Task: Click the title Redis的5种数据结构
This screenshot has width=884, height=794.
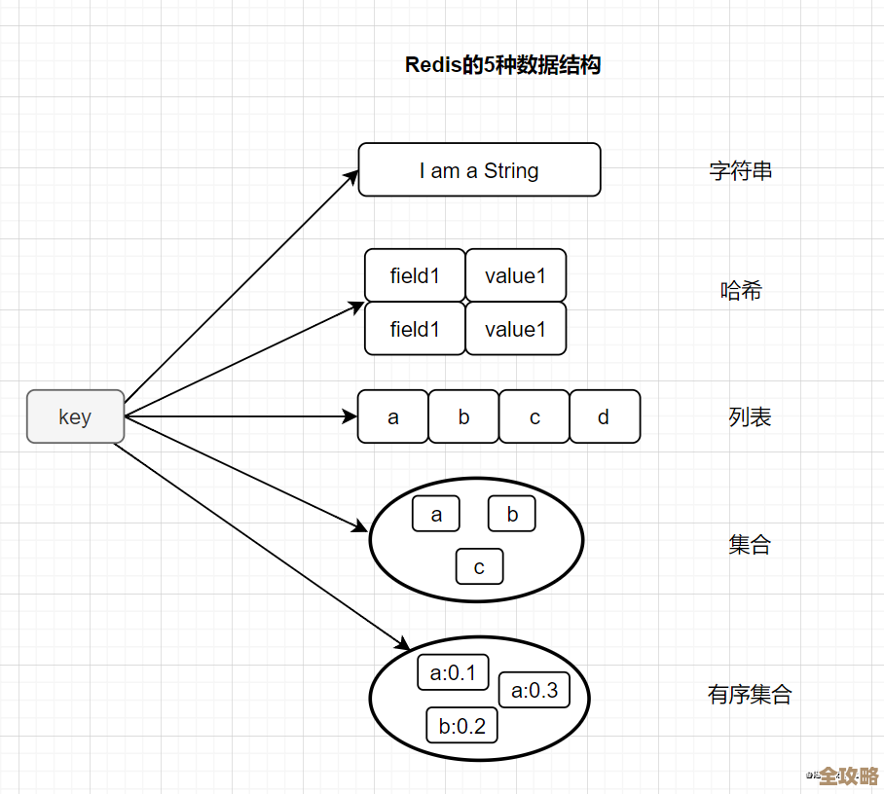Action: [x=502, y=65]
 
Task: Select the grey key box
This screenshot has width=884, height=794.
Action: [x=75, y=416]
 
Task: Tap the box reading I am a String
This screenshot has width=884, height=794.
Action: [x=479, y=170]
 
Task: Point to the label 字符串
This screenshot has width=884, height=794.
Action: [x=740, y=171]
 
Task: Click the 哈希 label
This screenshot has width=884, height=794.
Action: [x=740, y=290]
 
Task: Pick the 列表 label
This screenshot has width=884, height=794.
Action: [x=750, y=417]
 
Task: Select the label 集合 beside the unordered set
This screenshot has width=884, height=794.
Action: [x=750, y=545]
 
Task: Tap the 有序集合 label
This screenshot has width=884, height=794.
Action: [x=750, y=695]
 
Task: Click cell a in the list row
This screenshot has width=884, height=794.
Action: [x=393, y=417]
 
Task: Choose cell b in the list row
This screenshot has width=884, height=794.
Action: [x=463, y=417]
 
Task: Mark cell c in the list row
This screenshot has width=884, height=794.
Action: [x=534, y=417]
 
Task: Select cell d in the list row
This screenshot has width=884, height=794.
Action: [x=605, y=417]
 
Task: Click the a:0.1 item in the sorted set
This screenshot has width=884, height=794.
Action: [x=453, y=672]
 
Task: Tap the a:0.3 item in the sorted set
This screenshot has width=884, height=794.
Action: [x=534, y=691]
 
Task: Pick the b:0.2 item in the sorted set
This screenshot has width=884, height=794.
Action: [x=461, y=726]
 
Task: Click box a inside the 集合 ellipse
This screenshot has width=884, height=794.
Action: [x=436, y=515]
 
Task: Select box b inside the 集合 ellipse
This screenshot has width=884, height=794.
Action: [x=512, y=515]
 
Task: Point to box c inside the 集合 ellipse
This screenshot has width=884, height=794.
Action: [x=479, y=567]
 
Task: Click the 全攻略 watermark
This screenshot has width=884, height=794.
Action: [x=848, y=776]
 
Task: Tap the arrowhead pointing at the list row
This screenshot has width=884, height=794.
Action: [x=351, y=417]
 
